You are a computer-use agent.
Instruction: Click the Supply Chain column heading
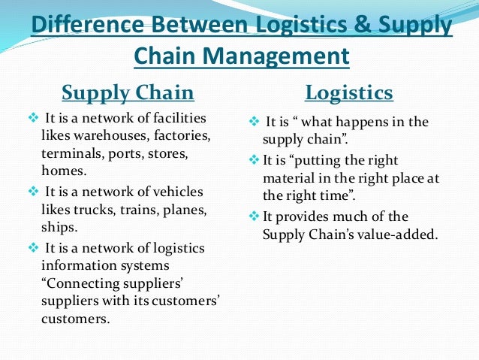128,93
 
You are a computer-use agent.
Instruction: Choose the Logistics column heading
349,93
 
